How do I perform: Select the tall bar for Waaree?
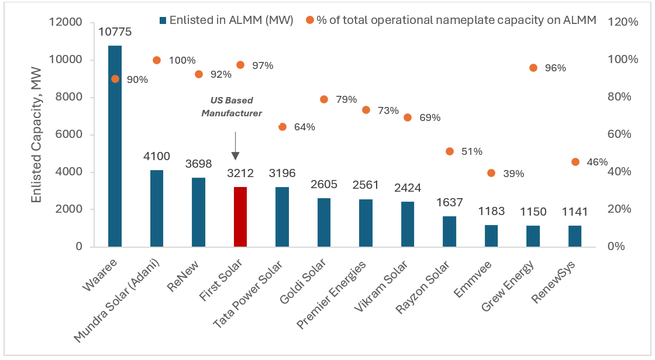click(115, 146)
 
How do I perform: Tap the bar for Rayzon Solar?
click(449, 231)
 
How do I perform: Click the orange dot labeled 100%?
click(157, 60)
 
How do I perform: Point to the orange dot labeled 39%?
click(491, 173)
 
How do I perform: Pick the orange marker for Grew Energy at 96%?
click(533, 68)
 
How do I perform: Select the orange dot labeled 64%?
click(282, 127)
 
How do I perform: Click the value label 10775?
click(115, 32)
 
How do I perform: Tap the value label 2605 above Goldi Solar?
click(324, 185)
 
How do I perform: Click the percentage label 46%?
click(597, 162)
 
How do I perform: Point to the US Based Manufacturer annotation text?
click(232, 107)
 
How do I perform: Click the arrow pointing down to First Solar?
click(235, 146)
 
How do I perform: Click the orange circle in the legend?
click(310, 20)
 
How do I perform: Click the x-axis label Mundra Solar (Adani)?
click(120, 301)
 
